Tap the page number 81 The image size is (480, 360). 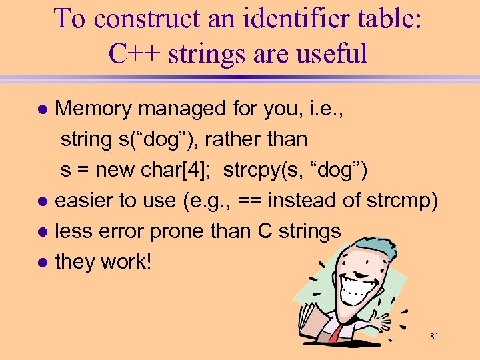pos(434,337)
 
